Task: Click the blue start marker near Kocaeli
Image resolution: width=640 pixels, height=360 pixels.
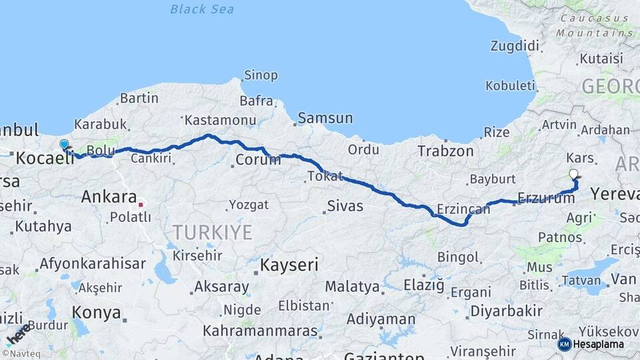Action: (x=64, y=145)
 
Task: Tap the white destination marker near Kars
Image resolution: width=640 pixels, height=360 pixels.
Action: (x=574, y=175)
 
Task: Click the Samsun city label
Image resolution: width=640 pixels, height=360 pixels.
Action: (x=325, y=118)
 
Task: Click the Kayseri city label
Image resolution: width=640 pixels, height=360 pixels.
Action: (x=289, y=265)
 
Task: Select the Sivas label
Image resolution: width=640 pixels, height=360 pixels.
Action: (x=345, y=206)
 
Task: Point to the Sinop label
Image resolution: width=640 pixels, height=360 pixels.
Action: (x=261, y=75)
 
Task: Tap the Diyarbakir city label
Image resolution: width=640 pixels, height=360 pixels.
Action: (x=506, y=311)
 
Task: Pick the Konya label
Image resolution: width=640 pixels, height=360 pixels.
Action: (x=96, y=313)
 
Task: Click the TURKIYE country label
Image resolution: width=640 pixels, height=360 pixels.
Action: (x=213, y=233)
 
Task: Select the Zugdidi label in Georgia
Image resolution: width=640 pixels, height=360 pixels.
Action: (x=514, y=46)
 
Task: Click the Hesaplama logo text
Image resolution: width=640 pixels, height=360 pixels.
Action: (x=599, y=344)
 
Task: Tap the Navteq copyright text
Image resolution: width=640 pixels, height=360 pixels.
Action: (x=20, y=354)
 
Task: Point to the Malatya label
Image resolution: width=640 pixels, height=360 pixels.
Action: (x=353, y=287)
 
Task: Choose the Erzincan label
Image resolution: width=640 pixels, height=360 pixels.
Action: (x=463, y=209)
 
